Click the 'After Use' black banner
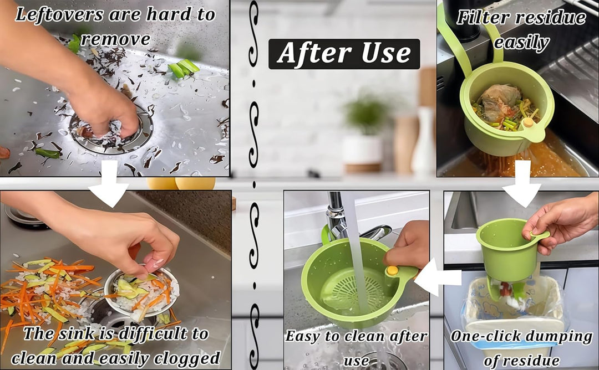[x=344, y=54]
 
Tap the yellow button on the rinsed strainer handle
[x=392, y=271]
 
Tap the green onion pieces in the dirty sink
[x=184, y=68]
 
